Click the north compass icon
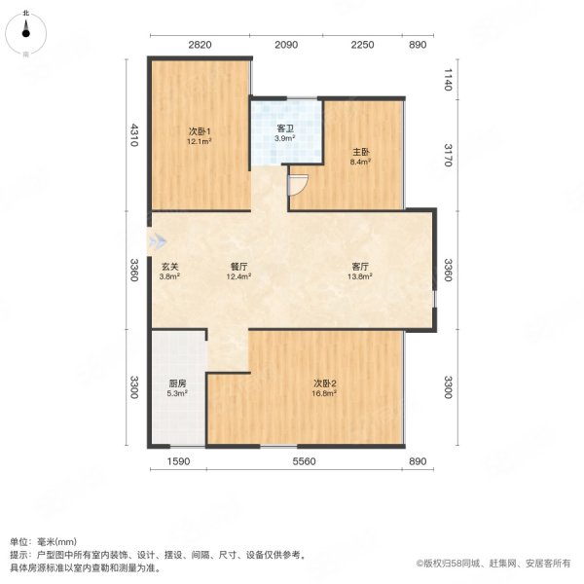coord(26,31)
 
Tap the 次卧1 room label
coord(200,130)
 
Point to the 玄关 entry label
coord(170,267)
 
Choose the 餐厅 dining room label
coord(239,267)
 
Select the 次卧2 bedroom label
coord(324,383)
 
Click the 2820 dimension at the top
coord(199,45)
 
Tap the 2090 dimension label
coord(286,45)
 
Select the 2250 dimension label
coord(361,45)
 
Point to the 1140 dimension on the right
coord(447,79)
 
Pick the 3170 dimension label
coord(447,154)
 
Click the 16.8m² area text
coord(324,393)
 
